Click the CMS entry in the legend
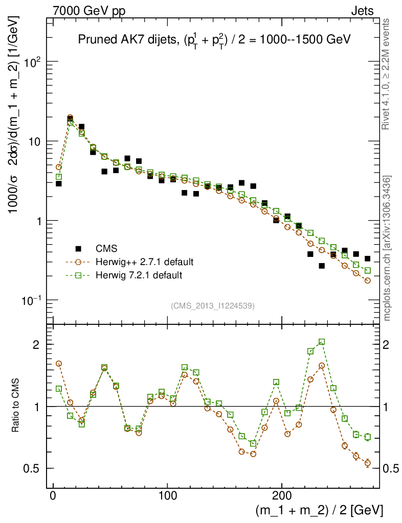pos(106,249)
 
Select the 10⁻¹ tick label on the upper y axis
pos(31,299)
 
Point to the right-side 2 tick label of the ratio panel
pos(391,345)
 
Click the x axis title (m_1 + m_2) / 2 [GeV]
pos(319,510)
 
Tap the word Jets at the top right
pos(362,10)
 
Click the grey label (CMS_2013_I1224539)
pos(213,306)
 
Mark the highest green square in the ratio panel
pos(322,342)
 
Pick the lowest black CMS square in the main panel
pos(322,266)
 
